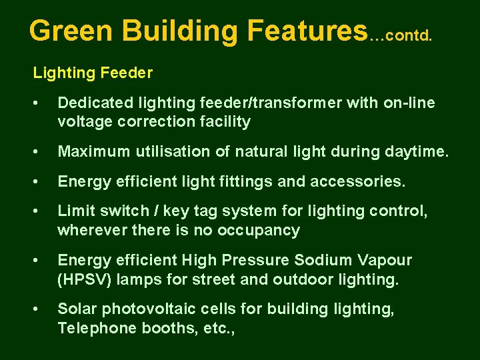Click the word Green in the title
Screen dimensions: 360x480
[73, 30]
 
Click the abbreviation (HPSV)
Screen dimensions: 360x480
[85, 279]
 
